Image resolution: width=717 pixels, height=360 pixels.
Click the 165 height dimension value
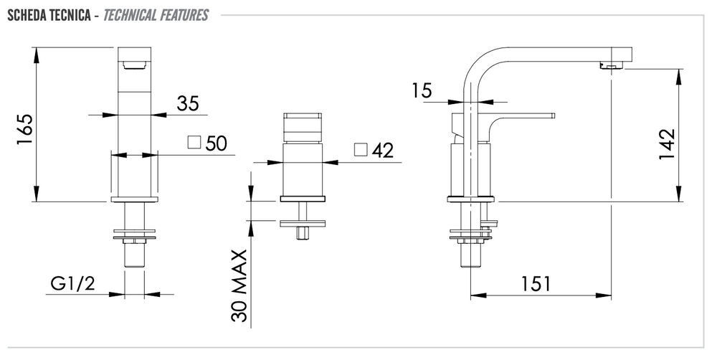24,129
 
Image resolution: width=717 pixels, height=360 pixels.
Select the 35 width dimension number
188,103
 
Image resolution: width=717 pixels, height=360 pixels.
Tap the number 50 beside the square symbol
216,143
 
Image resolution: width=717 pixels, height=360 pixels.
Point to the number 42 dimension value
382,150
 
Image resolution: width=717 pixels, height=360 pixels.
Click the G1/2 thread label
72,283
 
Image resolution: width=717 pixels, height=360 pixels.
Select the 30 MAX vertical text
239,285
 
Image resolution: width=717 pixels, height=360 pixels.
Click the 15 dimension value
421,90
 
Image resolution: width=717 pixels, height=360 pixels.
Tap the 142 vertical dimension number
667,144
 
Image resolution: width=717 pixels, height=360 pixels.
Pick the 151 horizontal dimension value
536,284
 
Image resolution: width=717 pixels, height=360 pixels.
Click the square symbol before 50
194,142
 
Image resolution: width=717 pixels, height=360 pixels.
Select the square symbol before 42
361,149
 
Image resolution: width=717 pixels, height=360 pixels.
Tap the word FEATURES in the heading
184,16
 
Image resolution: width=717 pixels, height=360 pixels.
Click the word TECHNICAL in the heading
130,16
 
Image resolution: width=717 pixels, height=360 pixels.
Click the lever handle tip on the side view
552,115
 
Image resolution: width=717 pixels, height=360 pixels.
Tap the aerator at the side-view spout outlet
612,66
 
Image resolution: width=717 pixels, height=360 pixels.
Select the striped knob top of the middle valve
303,127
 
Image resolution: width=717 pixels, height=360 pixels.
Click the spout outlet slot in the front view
135,65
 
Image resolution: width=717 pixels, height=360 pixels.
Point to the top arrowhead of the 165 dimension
37,55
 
